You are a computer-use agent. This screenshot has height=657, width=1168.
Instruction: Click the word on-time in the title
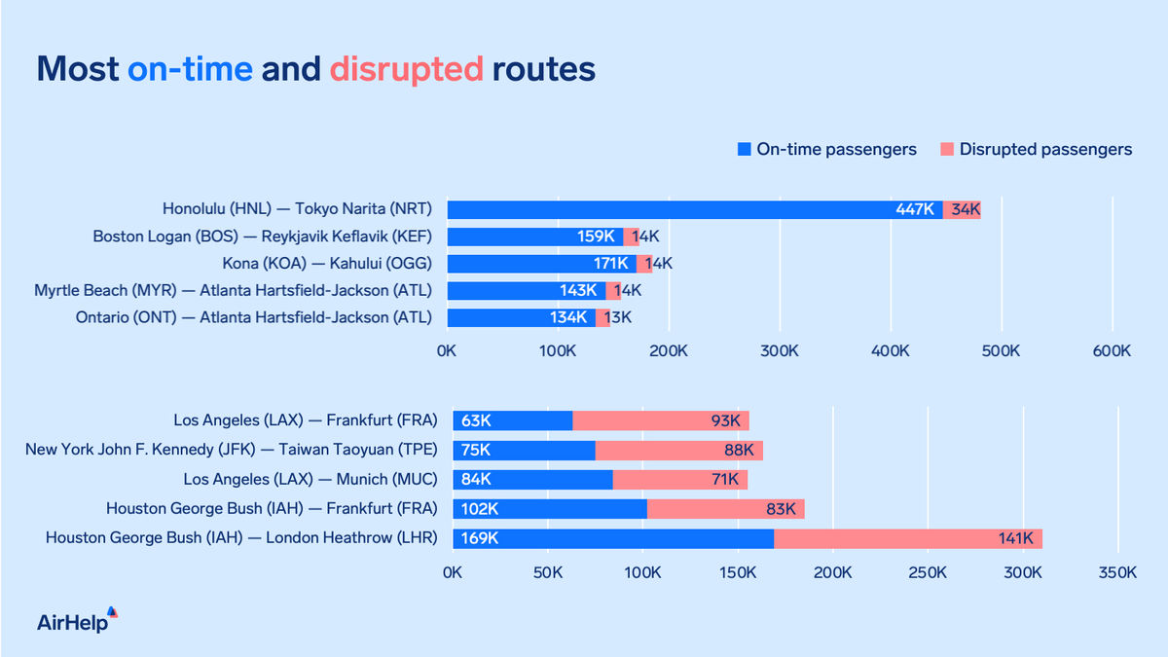coord(190,69)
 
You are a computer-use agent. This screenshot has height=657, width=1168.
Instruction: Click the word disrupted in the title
coord(406,69)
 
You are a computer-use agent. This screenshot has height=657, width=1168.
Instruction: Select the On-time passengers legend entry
coord(827,150)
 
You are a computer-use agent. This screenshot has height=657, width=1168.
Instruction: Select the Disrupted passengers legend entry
coord(1037,150)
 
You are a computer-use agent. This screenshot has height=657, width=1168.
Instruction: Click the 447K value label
coord(915,209)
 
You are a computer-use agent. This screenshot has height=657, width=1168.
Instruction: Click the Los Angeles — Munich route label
coord(310,479)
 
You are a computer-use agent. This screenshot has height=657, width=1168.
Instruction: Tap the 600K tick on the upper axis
coord(1112,350)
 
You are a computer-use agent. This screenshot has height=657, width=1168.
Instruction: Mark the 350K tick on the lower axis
coord(1116,573)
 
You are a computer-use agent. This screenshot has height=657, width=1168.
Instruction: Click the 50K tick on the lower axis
coord(547,573)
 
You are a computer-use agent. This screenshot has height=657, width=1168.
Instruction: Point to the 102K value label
coord(480,509)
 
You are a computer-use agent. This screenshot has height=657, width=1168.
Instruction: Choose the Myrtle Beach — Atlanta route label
coord(233,290)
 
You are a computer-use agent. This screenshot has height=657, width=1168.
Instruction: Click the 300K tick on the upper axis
coord(780,350)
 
